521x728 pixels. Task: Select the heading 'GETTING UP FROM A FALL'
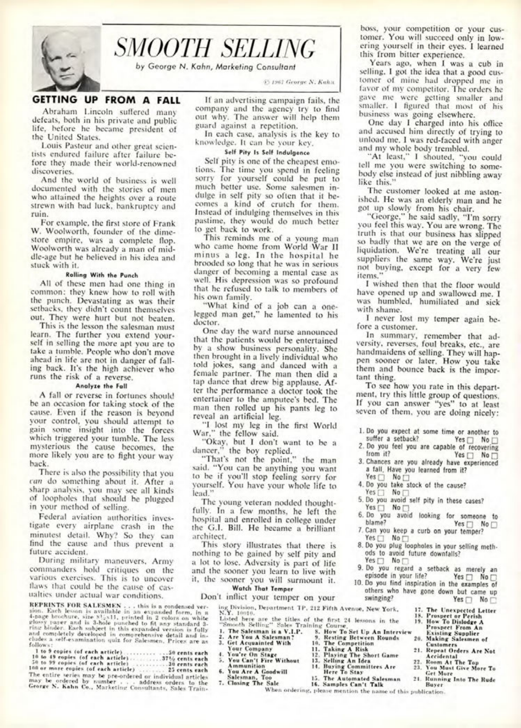click(x=106, y=100)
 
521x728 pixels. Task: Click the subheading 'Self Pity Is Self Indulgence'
click(x=267, y=152)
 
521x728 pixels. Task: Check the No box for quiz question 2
click(x=495, y=455)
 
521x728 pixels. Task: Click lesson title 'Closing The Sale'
click(x=251, y=683)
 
